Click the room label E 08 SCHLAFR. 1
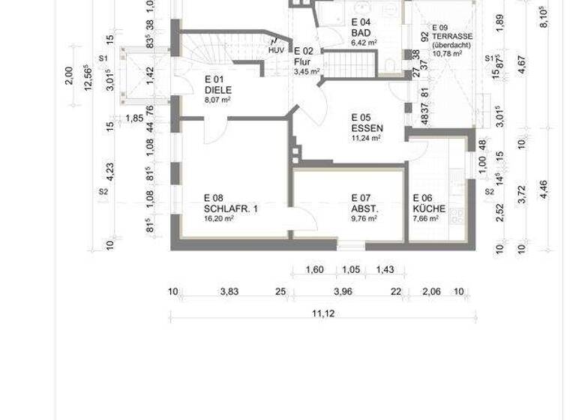point(230,203)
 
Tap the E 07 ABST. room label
point(364,203)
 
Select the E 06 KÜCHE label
point(429,203)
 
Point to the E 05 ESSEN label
point(367,122)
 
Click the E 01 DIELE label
point(218,85)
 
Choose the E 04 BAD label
point(361,28)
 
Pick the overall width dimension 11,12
point(322,313)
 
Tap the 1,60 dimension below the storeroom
point(315,270)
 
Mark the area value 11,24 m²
point(366,138)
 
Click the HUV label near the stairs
point(277,50)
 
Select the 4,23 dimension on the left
point(110,172)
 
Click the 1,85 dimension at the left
point(133,118)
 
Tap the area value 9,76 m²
point(364,219)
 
